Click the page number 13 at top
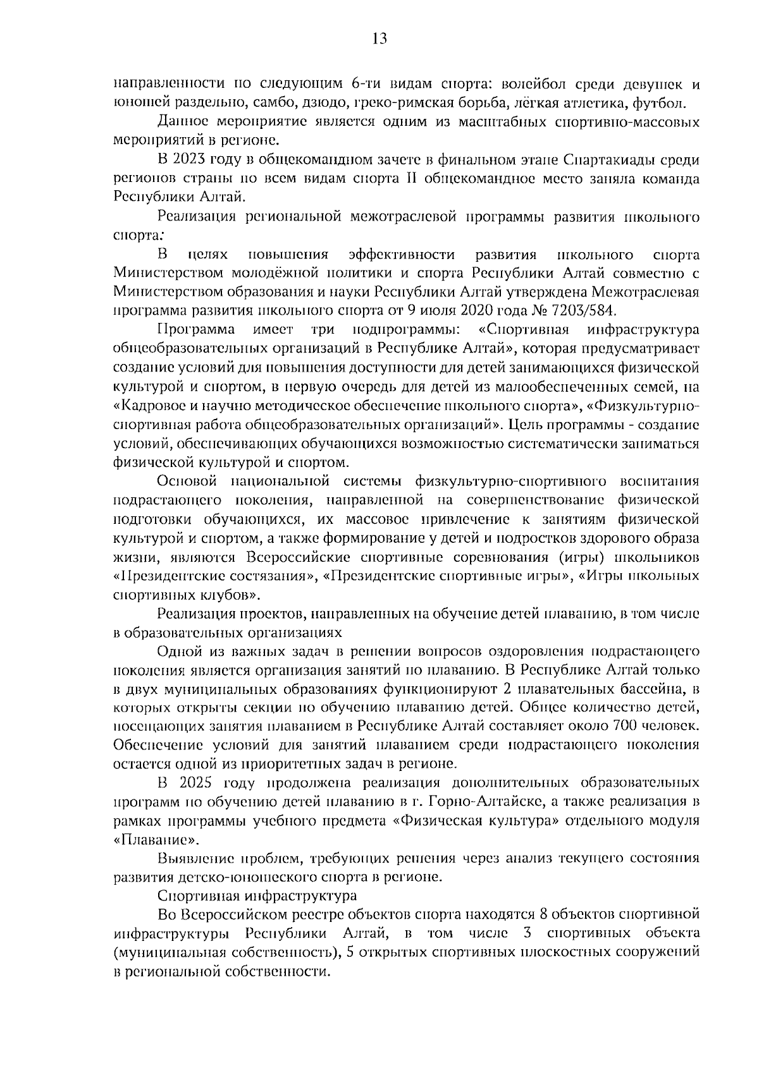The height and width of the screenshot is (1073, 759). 379,39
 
